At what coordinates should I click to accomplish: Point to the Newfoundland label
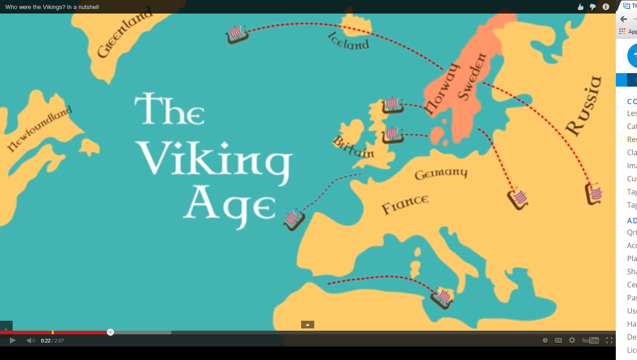point(40,129)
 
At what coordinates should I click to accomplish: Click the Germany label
point(441,173)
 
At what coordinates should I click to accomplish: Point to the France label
point(405,204)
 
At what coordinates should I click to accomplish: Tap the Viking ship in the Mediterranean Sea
point(442,298)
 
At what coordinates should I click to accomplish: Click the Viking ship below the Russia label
point(594,194)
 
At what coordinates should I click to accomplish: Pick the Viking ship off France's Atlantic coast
point(294,220)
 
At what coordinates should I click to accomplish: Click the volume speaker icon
point(31,341)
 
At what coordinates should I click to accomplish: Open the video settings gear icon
point(572,341)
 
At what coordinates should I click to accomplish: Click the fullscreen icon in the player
point(609,341)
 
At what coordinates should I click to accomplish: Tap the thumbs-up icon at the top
point(581,7)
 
